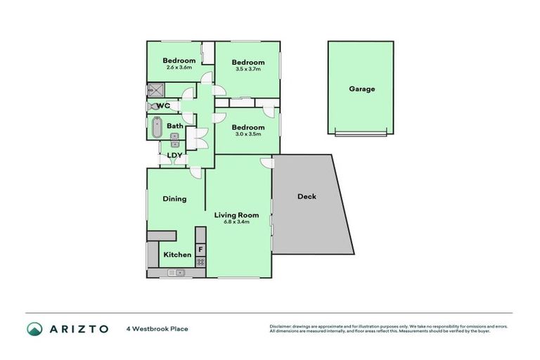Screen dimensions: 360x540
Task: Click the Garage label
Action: [362, 89]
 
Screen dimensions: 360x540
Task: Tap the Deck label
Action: [307, 196]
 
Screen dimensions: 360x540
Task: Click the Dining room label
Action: [175, 199]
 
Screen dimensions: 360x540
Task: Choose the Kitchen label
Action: [177, 255]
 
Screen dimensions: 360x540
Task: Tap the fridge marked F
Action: [200, 250]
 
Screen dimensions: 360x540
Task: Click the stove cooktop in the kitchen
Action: [200, 262]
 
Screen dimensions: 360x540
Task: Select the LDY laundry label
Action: [174, 156]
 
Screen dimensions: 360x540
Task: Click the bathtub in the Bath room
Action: [156, 129]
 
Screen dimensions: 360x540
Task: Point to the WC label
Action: [164, 106]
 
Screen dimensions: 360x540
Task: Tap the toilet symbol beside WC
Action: [152, 106]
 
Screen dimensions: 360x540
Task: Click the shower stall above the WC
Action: [155, 90]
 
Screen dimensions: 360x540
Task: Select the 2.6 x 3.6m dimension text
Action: [179, 67]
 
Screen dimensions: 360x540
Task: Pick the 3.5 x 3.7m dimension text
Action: [248, 70]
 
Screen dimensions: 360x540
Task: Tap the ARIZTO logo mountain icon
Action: [34, 328]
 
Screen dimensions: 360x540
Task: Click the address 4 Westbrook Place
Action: [157, 328]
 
